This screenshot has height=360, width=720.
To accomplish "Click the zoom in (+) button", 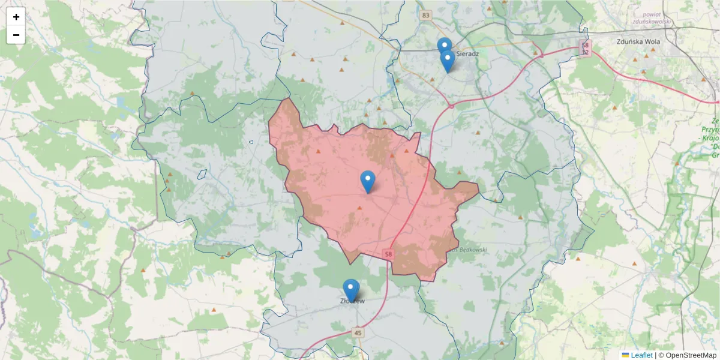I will pyautogui.click(x=16, y=17).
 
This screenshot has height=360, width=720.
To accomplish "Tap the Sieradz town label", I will pyautogui.click(x=467, y=53).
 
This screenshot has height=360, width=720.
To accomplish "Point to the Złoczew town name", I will pyautogui.click(x=352, y=301).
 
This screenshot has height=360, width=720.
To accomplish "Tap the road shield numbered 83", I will pyautogui.click(x=426, y=15).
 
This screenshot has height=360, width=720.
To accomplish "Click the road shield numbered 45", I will pyautogui.click(x=358, y=332).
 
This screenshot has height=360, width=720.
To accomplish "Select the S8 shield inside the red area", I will pyautogui.click(x=388, y=254).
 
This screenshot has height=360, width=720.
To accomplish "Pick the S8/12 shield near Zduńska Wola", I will pyautogui.click(x=586, y=48).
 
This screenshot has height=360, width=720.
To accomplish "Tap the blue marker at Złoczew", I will pyautogui.click(x=351, y=290).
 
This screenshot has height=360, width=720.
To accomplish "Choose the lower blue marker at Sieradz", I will pyautogui.click(x=447, y=61).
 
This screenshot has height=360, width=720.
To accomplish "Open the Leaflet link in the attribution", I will pyautogui.click(x=641, y=355).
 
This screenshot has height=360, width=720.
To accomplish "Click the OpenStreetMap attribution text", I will pyautogui.click(x=691, y=355).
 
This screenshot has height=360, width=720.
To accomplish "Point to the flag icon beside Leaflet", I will pyautogui.click(x=625, y=355).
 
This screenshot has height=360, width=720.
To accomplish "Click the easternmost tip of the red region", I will pyautogui.click(x=479, y=191).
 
